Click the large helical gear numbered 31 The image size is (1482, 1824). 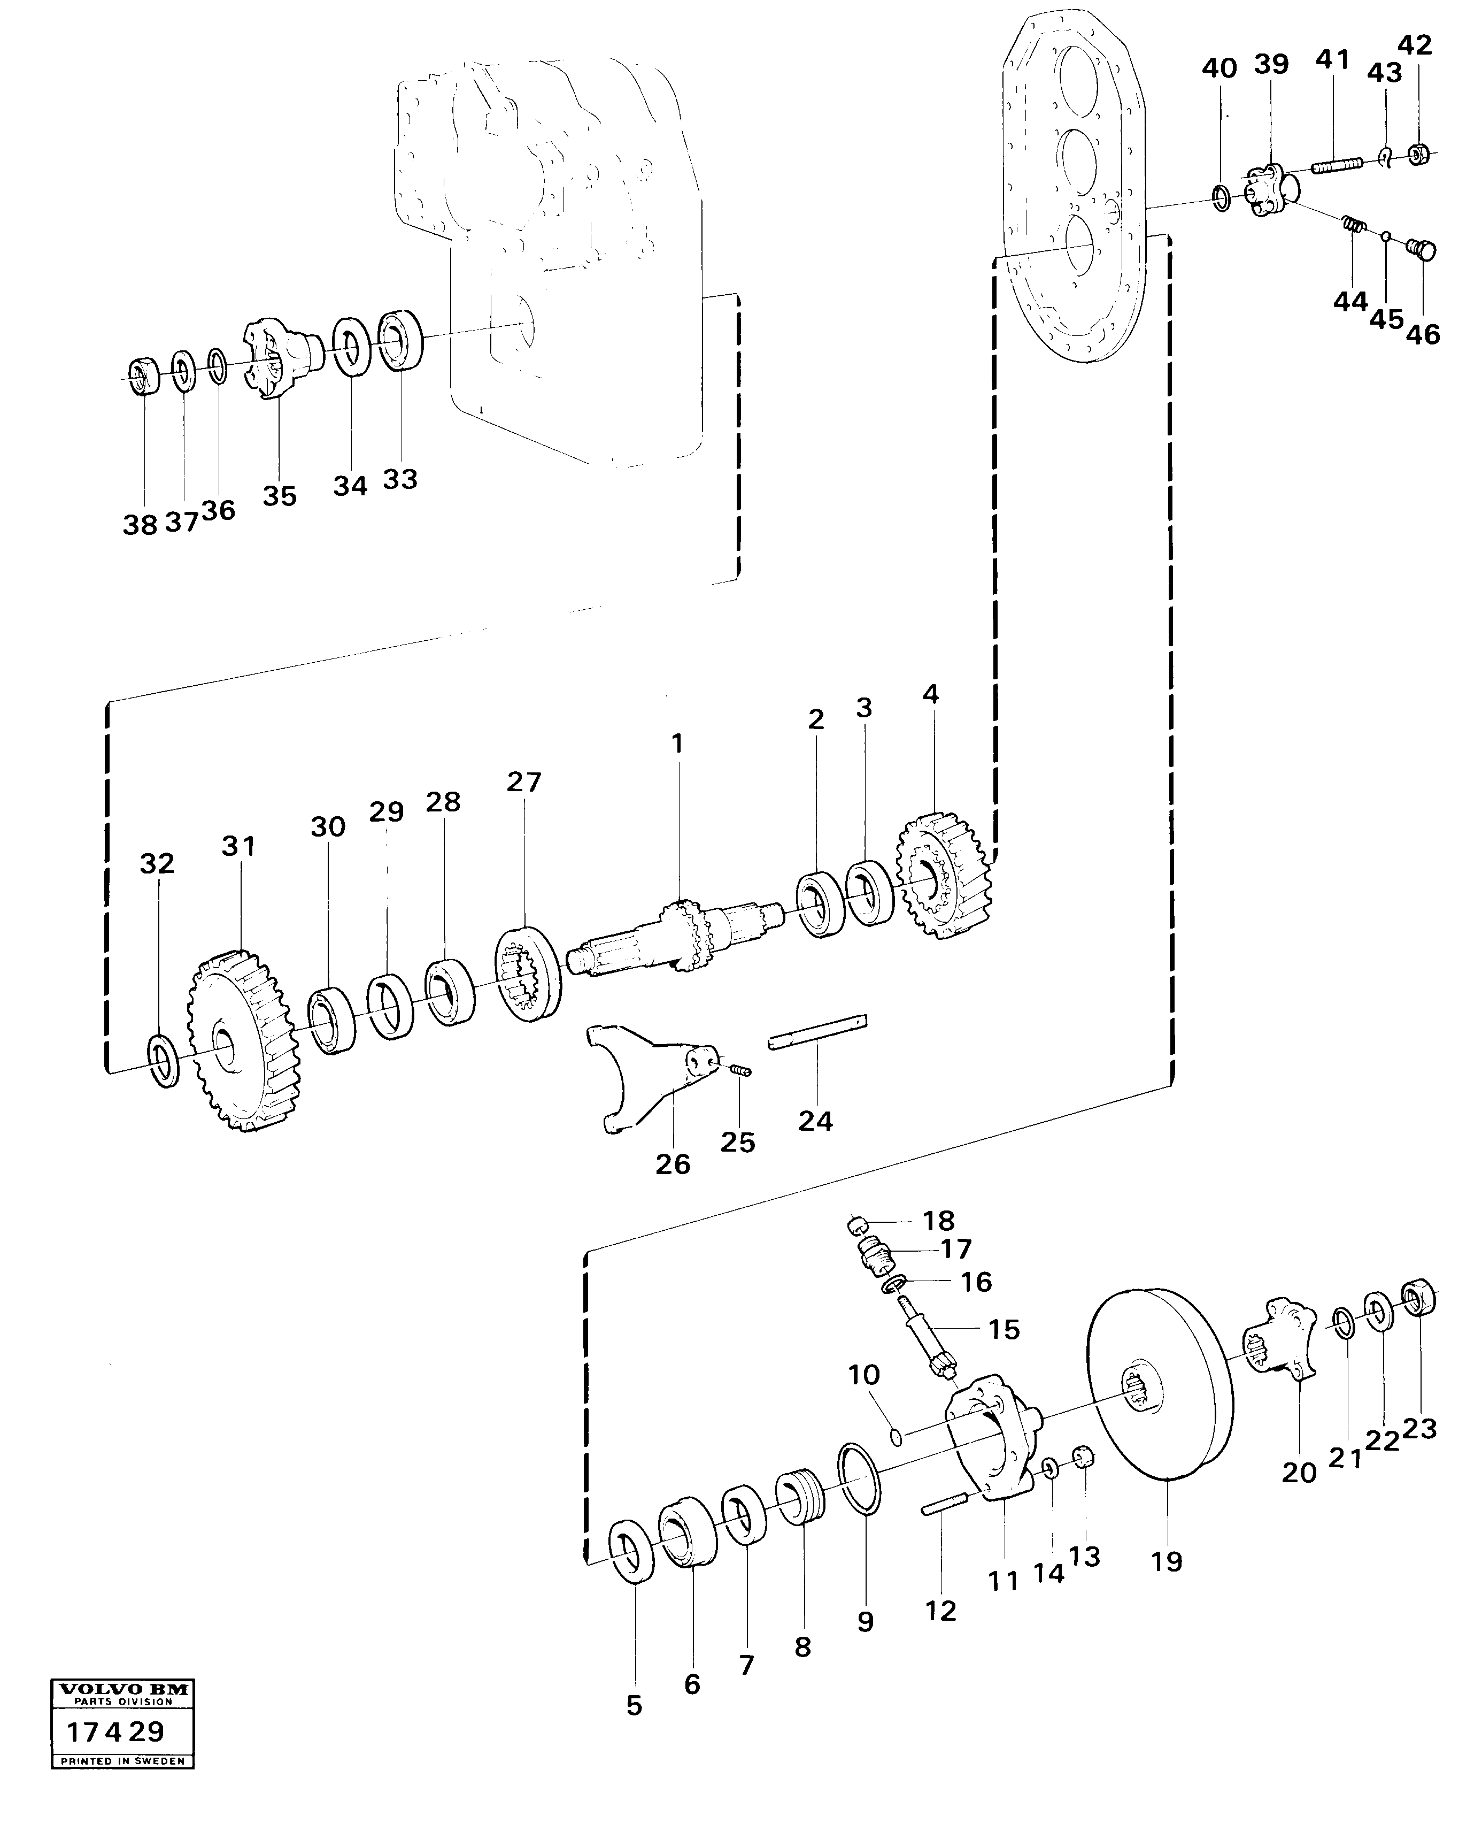(239, 1042)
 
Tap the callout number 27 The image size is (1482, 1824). (523, 782)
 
